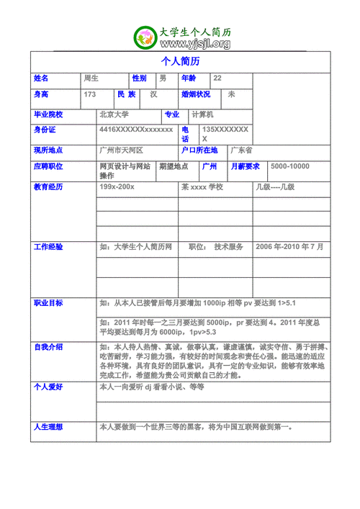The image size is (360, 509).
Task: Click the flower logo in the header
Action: [145, 38]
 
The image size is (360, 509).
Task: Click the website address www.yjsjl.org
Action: [191, 45]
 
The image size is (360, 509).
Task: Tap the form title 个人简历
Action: [180, 61]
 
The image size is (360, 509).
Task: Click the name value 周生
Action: [91, 78]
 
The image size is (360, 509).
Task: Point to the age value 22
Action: [217, 78]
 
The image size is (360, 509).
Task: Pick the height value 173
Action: [90, 94]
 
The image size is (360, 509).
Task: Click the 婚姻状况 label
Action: [196, 94]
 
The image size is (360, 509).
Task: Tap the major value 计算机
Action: [202, 114]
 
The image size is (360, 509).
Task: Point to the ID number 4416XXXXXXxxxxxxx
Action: [136, 130]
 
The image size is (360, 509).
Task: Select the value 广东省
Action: [241, 150]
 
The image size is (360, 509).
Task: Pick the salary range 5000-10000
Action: [289, 166]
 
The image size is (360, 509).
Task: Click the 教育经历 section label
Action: [48, 187]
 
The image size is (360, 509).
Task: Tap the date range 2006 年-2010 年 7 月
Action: [289, 247]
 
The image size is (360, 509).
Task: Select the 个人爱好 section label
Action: [48, 387]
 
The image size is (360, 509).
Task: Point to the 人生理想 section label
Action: [48, 428]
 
